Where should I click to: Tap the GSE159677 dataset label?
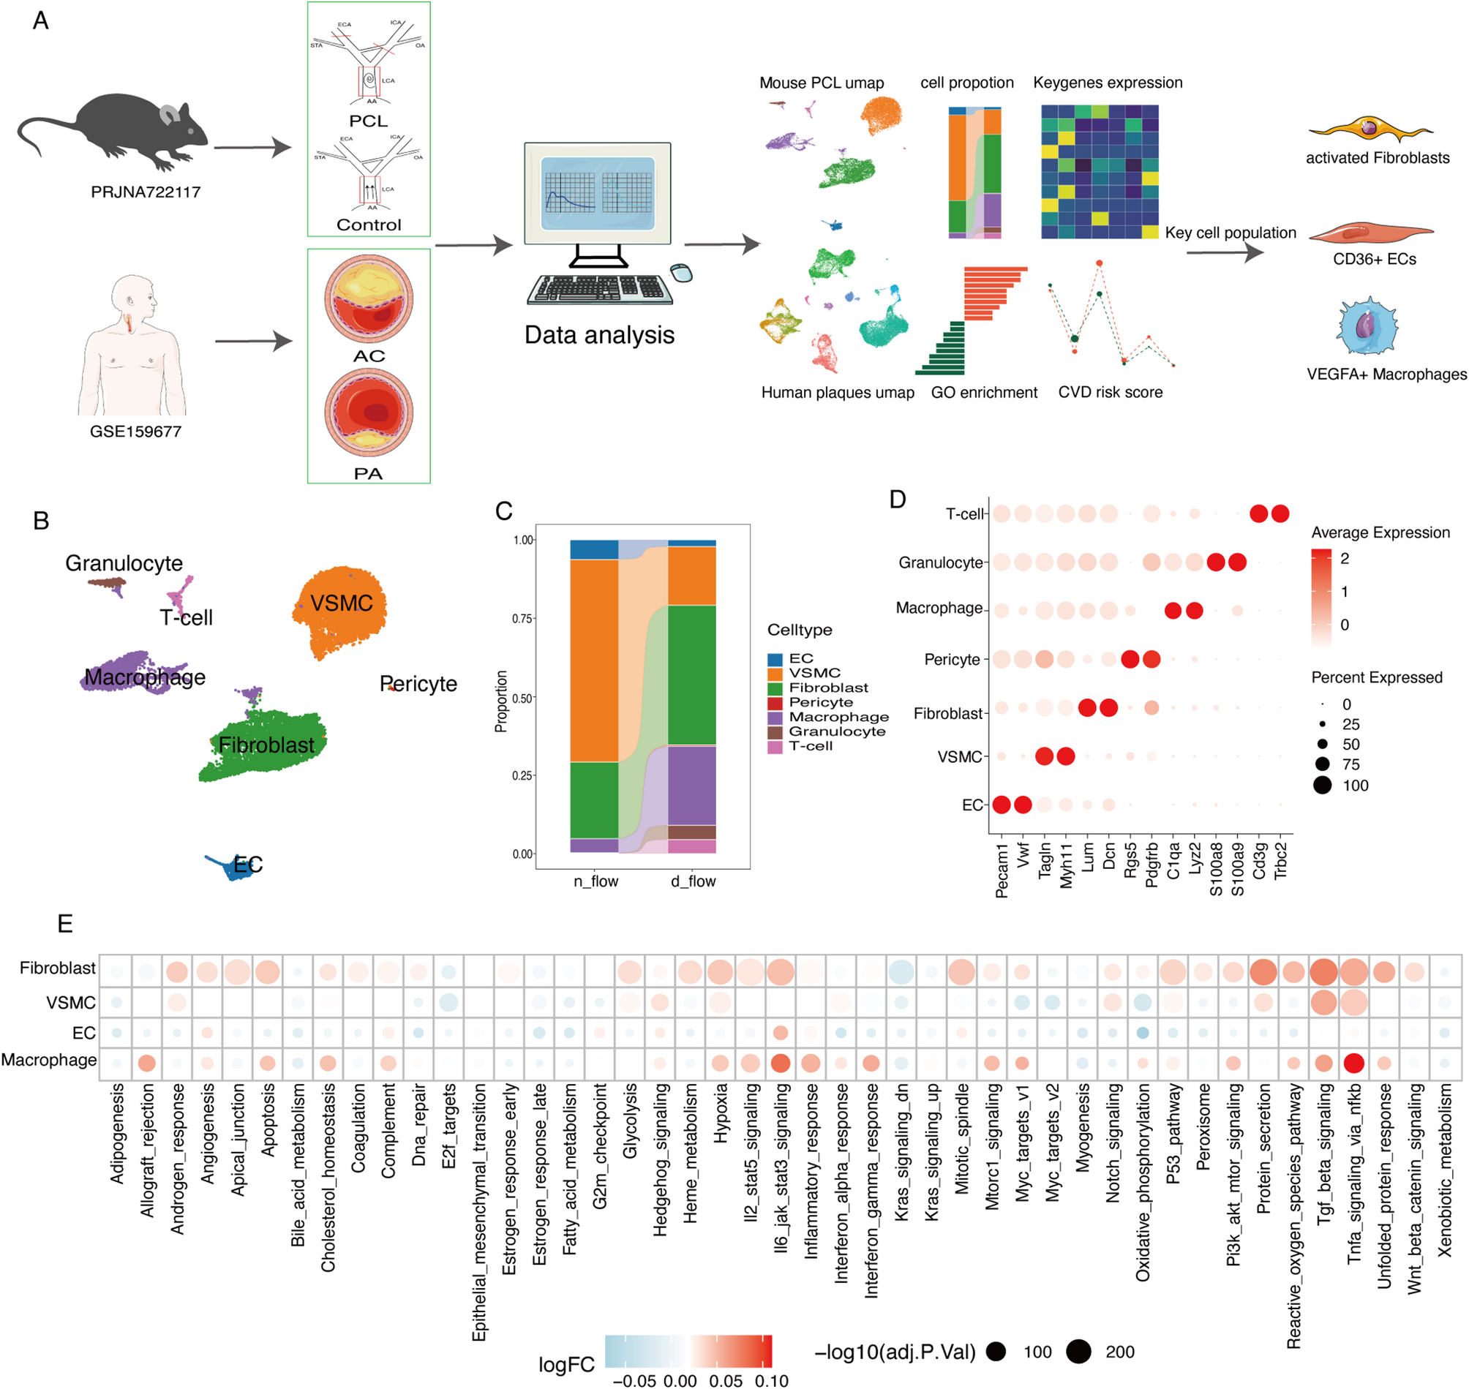(x=135, y=432)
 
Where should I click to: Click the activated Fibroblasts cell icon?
(x=1370, y=129)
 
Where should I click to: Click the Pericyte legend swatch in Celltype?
(x=775, y=703)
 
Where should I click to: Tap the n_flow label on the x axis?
(x=596, y=881)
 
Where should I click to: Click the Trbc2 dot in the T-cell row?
(x=1280, y=514)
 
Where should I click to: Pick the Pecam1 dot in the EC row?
(x=1001, y=805)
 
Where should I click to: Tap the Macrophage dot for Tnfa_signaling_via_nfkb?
(x=1353, y=1063)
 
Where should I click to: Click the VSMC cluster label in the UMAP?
(x=342, y=603)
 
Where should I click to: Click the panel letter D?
(x=898, y=500)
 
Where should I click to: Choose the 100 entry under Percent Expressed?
(x=1323, y=786)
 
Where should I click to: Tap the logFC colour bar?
(x=688, y=1351)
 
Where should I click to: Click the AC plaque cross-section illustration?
(x=369, y=299)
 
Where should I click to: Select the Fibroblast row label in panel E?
(x=57, y=968)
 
